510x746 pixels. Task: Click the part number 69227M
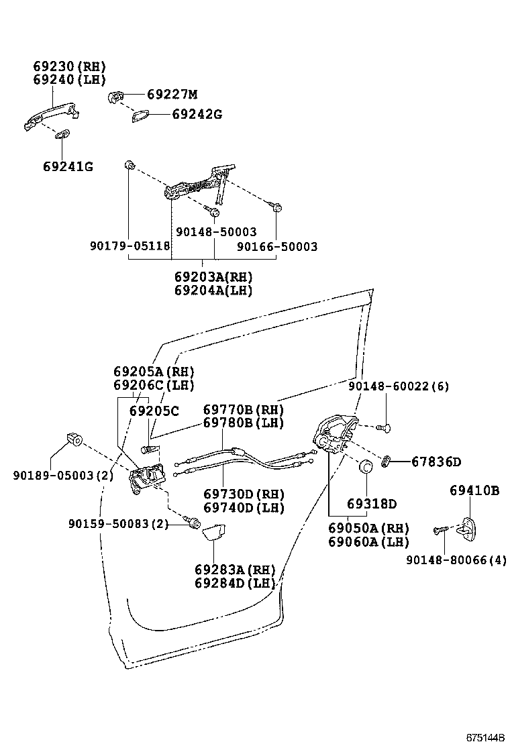[x=172, y=95]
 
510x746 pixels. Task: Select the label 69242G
[x=196, y=114]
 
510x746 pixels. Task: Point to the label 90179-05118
[x=130, y=246]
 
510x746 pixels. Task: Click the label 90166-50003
[x=276, y=246]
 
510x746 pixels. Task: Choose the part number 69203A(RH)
[x=213, y=276]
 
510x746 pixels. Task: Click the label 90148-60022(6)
[x=399, y=386]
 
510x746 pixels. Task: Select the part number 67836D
[x=436, y=462]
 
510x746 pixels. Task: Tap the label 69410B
[x=474, y=491]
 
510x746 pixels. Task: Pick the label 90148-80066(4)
[x=456, y=559]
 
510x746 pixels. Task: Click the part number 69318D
[x=372, y=504]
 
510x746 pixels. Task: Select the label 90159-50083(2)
[x=118, y=523]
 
